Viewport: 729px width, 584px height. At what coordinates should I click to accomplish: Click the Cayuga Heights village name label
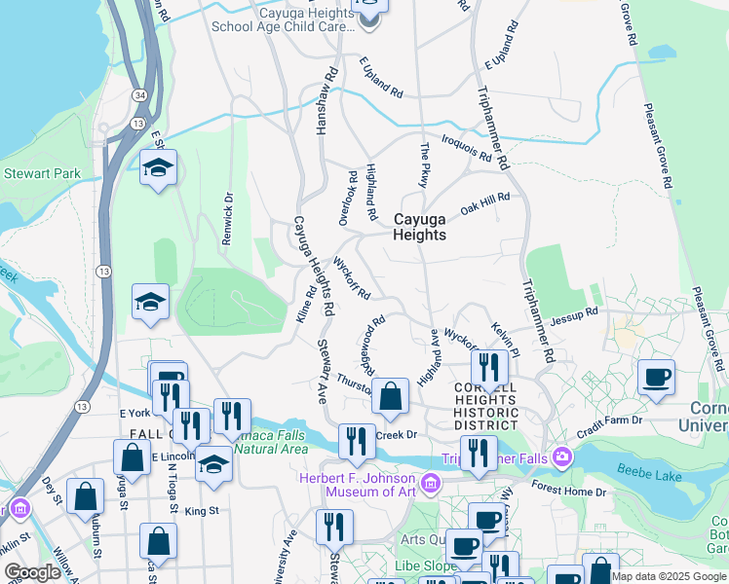pos(419,227)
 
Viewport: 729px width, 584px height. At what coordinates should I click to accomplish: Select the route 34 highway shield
pos(141,94)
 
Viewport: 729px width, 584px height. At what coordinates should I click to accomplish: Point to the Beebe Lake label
pos(648,472)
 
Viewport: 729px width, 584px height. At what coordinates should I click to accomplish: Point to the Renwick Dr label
pos(227,220)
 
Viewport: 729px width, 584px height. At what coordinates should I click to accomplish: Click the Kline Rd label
pos(305,304)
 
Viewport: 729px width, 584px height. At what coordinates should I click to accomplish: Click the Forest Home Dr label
pos(569,492)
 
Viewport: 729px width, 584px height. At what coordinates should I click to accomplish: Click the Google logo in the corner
pos(32,572)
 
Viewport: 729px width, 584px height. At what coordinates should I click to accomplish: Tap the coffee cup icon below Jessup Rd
pos(656,377)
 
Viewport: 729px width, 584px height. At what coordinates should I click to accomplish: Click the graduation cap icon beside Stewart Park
pos(158,167)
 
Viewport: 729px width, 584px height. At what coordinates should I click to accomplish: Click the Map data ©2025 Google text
pos(670,576)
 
